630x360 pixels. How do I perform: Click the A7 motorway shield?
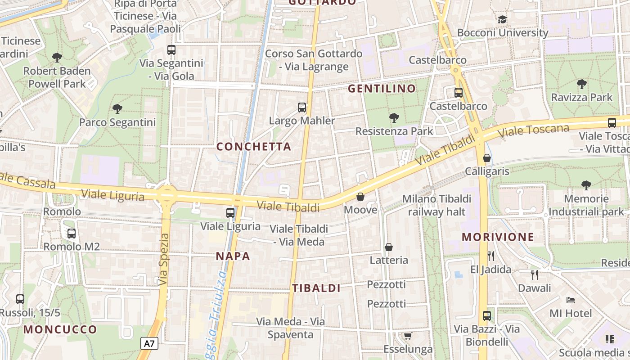click(x=149, y=344)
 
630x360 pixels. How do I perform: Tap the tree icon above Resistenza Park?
click(x=394, y=118)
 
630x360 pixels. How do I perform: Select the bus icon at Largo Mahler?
click(x=302, y=108)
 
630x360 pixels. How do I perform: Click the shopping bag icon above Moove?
click(x=360, y=197)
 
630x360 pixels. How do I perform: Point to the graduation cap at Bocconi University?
click(x=502, y=19)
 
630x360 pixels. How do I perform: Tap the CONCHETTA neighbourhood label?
click(x=254, y=147)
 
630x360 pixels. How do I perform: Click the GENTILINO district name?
click(x=382, y=89)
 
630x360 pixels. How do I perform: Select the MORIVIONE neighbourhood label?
click(x=498, y=237)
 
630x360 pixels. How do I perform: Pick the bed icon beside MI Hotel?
click(x=571, y=300)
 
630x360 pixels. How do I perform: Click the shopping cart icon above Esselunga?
click(x=408, y=336)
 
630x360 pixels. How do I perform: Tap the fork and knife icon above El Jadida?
click(x=491, y=256)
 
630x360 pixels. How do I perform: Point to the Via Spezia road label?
click(x=164, y=259)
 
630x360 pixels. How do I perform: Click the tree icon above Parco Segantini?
click(x=117, y=108)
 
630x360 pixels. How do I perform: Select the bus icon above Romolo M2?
click(x=72, y=233)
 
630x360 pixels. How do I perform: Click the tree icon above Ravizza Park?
click(x=581, y=84)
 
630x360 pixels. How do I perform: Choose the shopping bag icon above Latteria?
click(x=389, y=247)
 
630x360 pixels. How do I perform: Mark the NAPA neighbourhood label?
click(x=233, y=256)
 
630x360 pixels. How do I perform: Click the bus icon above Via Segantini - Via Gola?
click(x=171, y=50)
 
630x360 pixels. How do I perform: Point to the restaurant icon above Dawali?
click(x=535, y=274)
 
